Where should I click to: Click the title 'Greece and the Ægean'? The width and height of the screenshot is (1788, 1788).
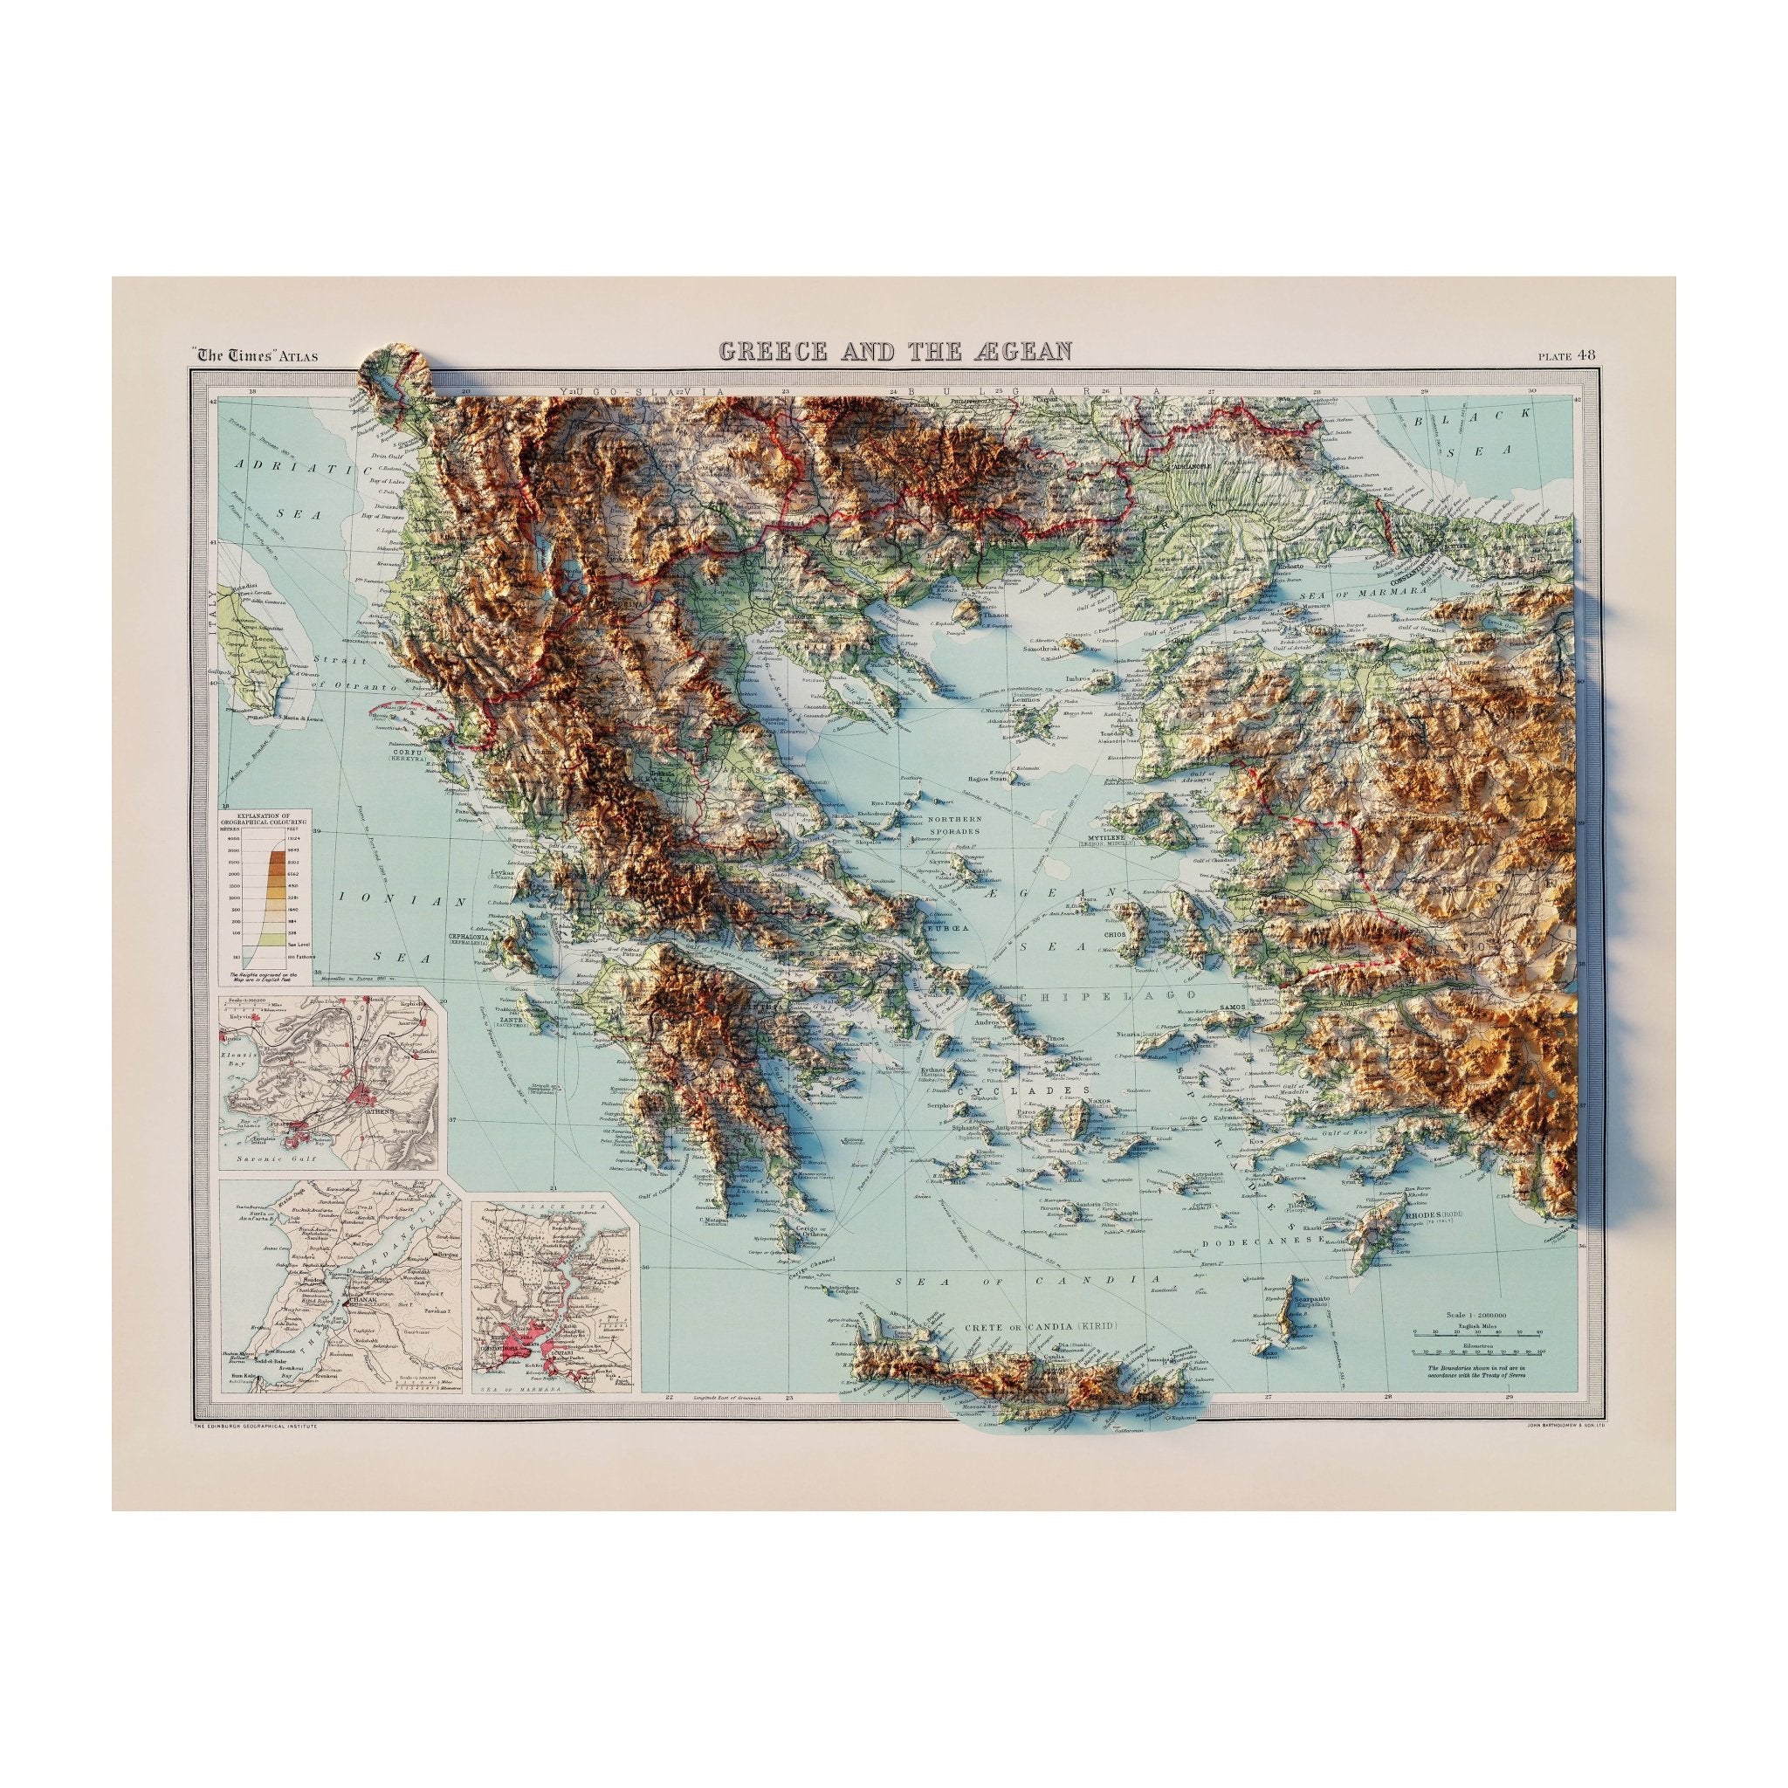[895, 351]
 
